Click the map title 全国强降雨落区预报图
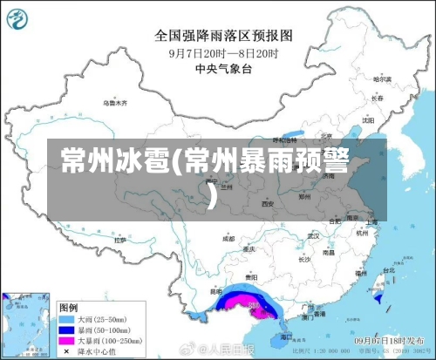pos(223,36)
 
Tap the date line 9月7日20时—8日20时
pos(223,52)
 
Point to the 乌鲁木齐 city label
pos(115,103)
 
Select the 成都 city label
pos(228,237)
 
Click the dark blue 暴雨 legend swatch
pos(65,331)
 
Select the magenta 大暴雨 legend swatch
pos(65,341)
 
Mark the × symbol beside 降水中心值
pos(65,350)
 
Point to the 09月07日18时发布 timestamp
pos(388,343)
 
